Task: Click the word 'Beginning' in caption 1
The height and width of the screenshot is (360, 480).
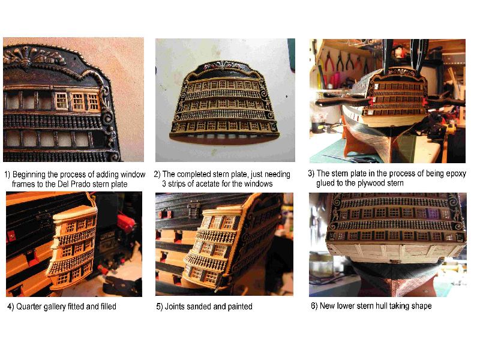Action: (x=29, y=175)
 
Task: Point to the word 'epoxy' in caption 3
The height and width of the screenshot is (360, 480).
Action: (x=455, y=174)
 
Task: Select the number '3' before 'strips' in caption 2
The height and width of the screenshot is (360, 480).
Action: (x=164, y=184)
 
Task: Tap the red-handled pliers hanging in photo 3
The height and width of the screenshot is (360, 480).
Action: (x=329, y=62)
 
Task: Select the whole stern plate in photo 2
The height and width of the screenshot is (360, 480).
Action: (x=224, y=100)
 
